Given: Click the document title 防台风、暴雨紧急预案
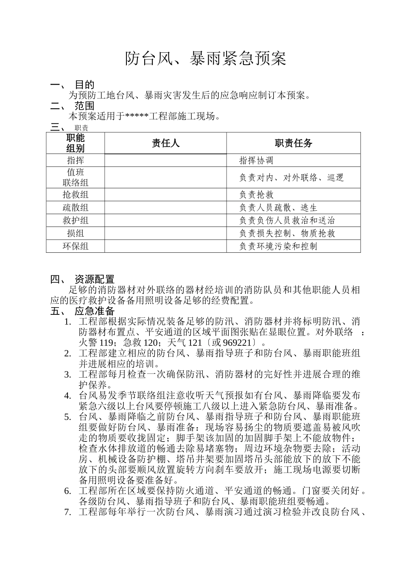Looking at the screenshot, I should click(x=205, y=59).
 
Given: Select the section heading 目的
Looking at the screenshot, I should click(x=84, y=85).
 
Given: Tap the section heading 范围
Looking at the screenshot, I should click(x=84, y=106).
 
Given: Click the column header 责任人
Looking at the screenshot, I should click(x=165, y=143).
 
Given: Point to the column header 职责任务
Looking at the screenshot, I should click(x=294, y=143).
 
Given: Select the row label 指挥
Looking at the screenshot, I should click(x=76, y=160).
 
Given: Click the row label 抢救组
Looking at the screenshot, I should click(x=76, y=195).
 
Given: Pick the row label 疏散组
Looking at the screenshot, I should click(x=76, y=208).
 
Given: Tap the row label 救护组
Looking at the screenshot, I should click(x=76, y=220).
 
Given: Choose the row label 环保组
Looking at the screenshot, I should click(x=76, y=246).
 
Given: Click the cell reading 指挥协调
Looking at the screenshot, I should click(x=256, y=160).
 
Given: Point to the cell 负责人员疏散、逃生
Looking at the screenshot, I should click(x=278, y=208).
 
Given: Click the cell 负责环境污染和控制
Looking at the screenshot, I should click(x=278, y=246).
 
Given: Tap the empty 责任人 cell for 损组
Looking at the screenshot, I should click(x=165, y=233).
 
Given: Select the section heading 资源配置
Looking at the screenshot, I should click(x=95, y=279).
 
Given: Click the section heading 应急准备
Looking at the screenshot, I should click(x=95, y=311).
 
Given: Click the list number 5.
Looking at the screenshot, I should click(x=67, y=416).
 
